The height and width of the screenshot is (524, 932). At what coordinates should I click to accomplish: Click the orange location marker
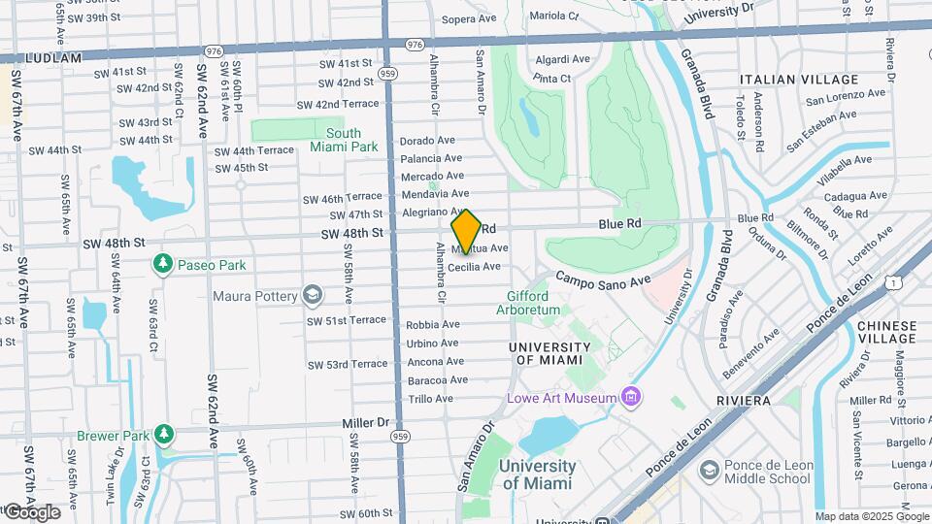tap(466, 231)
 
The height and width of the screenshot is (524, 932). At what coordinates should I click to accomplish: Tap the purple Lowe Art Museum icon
tap(632, 397)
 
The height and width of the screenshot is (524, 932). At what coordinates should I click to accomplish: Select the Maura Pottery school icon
tap(312, 293)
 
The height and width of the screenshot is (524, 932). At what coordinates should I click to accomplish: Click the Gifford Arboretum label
tap(528, 303)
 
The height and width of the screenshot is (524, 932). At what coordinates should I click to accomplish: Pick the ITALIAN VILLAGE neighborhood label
tap(799, 80)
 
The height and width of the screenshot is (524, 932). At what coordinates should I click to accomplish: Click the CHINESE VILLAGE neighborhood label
tap(885, 332)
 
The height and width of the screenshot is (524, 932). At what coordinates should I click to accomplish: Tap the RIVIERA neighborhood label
tap(744, 400)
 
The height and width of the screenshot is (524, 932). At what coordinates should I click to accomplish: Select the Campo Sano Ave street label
tap(602, 279)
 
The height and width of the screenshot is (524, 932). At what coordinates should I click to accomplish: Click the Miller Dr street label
tap(364, 423)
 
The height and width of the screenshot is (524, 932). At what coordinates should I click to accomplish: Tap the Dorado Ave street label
tap(427, 140)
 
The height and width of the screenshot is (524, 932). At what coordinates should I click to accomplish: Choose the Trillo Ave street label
tap(430, 398)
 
